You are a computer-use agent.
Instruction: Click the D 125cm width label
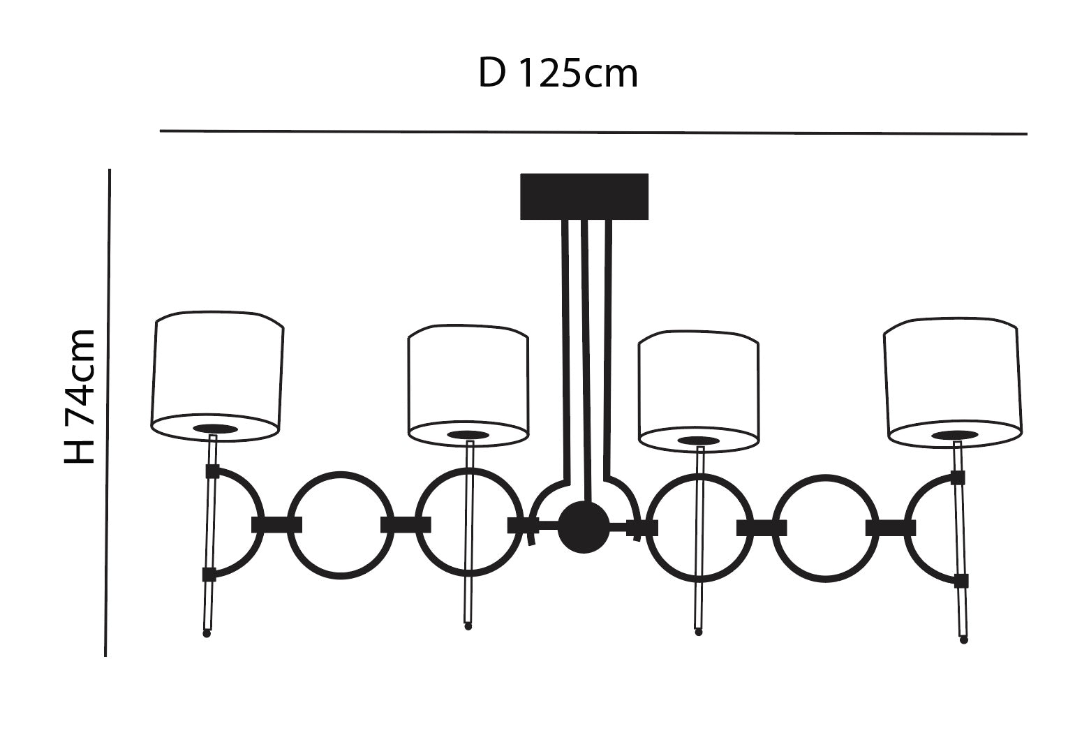[558, 73]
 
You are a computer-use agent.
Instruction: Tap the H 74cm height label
[80, 397]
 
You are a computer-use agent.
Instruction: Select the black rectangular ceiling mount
[584, 197]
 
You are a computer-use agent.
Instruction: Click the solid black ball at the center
[584, 527]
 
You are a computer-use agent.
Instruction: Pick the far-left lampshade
[217, 377]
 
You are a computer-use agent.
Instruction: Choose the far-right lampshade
[953, 383]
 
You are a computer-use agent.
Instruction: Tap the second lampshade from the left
[468, 386]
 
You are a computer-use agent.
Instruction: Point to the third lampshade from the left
[699, 392]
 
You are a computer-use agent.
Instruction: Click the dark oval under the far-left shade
[215, 429]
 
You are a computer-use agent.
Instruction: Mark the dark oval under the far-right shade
[954, 435]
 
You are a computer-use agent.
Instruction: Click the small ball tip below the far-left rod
[207, 634]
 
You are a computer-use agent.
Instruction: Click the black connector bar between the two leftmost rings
[276, 524]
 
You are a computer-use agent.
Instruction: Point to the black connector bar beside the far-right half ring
[891, 528]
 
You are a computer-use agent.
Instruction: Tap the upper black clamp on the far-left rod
[212, 471]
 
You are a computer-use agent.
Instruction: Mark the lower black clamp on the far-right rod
[961, 581]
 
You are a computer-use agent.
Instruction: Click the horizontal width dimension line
[593, 132]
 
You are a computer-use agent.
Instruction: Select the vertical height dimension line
[107, 413]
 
